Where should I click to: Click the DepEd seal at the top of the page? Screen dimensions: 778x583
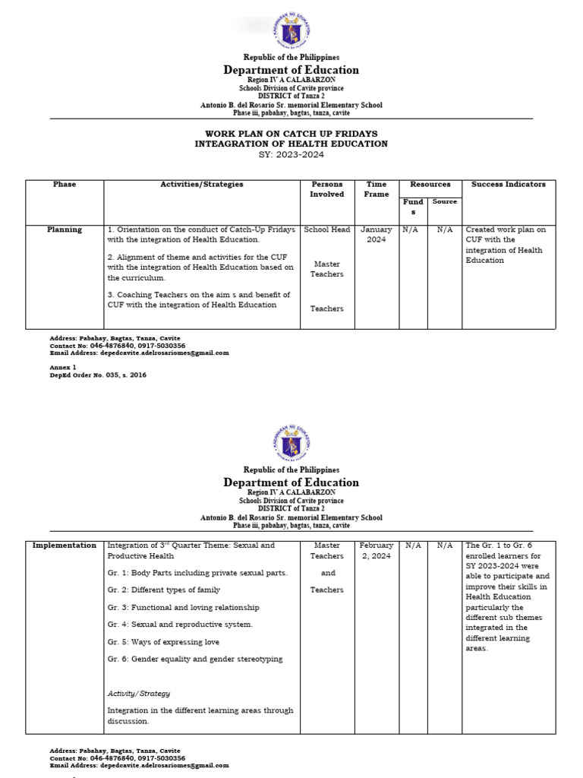[291, 32]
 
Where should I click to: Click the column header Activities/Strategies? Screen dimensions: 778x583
[201, 185]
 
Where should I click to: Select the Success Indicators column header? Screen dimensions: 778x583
[508, 185]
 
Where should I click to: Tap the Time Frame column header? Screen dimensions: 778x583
[377, 189]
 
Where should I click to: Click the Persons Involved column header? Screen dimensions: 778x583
[326, 189]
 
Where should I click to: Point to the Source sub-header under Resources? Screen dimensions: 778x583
[445, 202]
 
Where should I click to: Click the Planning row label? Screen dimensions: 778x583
[65, 229]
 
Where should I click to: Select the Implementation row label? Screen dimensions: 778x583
[65, 546]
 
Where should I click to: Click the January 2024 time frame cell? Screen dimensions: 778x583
[377, 234]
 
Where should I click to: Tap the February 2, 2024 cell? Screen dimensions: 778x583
[377, 551]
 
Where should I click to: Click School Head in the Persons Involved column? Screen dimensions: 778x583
[326, 229]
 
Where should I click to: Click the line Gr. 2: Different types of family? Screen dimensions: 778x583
[164, 590]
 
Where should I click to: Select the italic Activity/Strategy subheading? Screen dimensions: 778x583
[139, 694]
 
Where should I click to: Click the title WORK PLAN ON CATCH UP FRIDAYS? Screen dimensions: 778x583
[291, 134]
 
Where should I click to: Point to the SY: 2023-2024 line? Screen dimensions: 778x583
[291, 154]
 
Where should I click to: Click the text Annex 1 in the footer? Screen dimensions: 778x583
[63, 367]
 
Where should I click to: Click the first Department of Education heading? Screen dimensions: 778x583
[291, 71]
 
